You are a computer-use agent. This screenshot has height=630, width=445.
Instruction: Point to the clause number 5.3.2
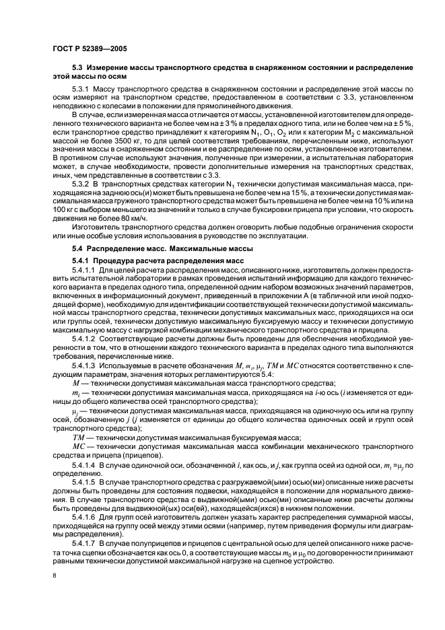tap(83, 184)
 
